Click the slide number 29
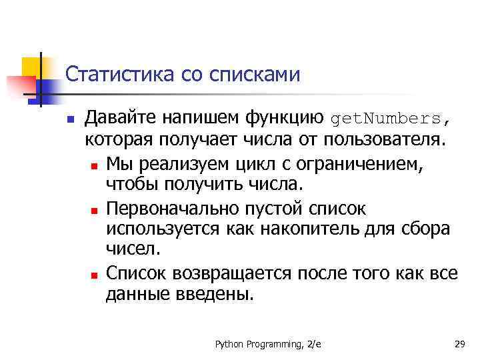(x=459, y=344)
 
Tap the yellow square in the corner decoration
(x=31, y=66)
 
